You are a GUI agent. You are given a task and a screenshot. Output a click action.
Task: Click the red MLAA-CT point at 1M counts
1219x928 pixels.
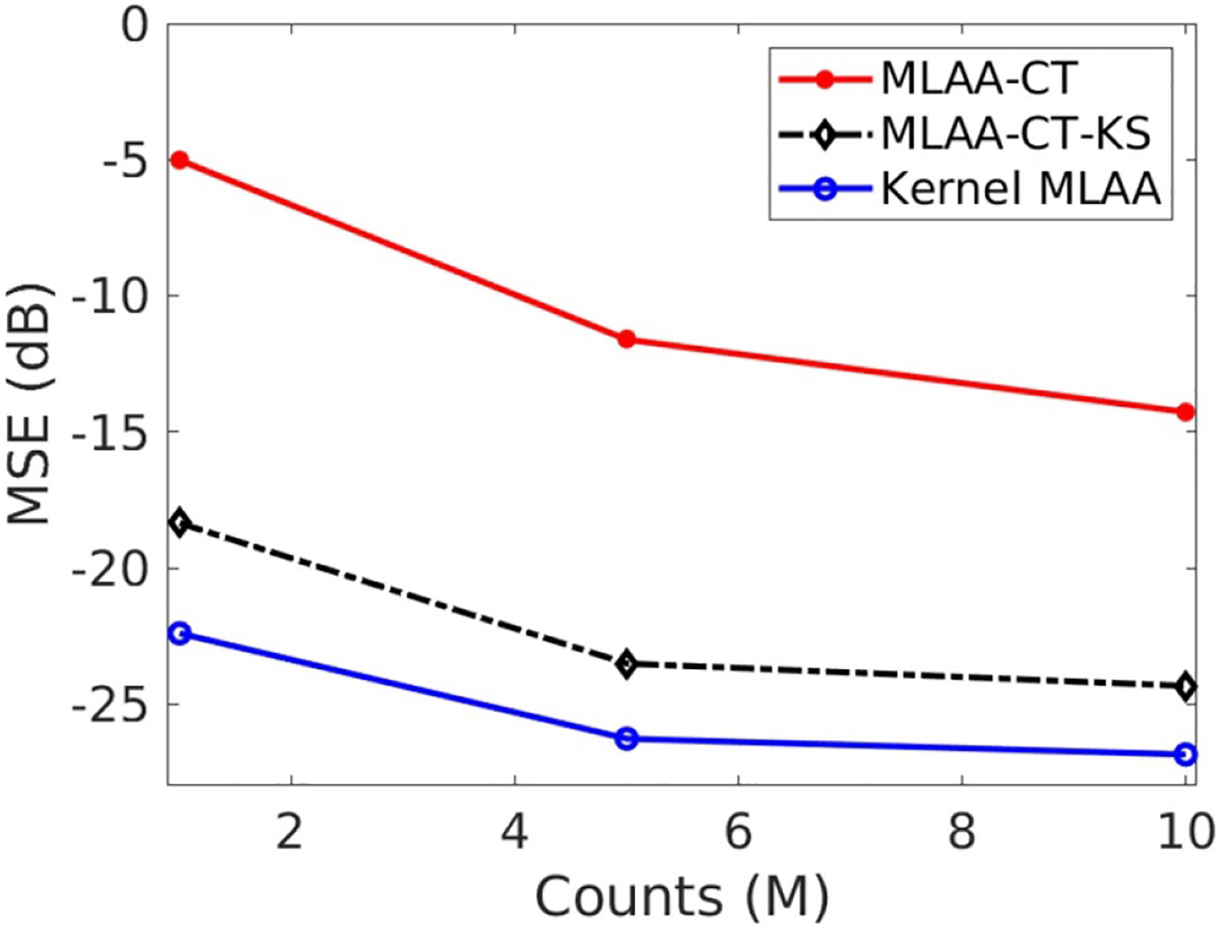(180, 159)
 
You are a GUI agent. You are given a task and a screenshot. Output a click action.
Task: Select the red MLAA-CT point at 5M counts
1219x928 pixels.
(627, 339)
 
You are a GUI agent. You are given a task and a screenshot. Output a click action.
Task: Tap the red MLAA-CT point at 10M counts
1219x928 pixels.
(1185, 412)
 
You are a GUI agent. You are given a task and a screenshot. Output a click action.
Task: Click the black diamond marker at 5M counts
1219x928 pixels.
(627, 664)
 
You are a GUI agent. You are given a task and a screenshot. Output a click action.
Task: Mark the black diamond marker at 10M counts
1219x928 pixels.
(1185, 686)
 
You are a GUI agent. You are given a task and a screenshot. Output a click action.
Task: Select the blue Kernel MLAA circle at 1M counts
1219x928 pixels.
(180, 633)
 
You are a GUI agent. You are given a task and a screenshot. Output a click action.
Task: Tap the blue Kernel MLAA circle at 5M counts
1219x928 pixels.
(627, 738)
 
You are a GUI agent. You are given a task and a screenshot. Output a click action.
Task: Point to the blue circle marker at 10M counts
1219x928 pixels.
(1185, 754)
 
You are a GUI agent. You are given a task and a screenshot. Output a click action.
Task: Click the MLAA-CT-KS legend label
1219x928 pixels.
(1016, 133)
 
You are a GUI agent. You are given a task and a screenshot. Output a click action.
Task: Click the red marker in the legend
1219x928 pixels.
(825, 79)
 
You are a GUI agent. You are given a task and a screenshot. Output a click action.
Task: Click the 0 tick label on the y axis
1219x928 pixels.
(135, 27)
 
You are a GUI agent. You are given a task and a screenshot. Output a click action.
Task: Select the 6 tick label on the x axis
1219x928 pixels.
(738, 832)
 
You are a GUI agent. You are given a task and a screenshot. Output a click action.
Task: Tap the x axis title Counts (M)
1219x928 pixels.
(683, 896)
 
